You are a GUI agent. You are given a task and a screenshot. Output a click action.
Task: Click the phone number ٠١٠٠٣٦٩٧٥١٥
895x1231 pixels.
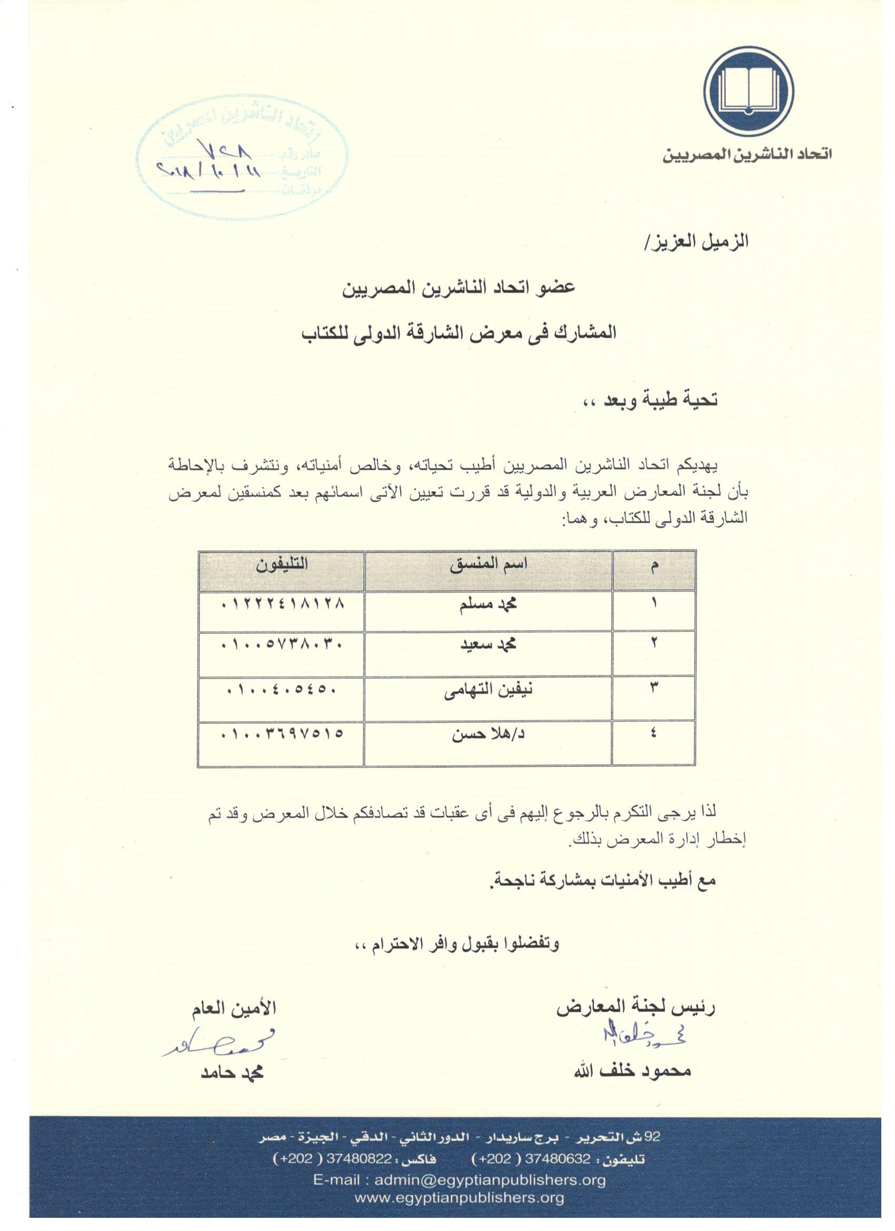tap(282, 735)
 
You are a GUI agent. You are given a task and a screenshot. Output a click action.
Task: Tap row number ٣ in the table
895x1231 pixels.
tap(653, 689)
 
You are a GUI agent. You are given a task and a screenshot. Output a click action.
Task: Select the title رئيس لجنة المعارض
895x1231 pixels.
tap(635, 1008)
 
